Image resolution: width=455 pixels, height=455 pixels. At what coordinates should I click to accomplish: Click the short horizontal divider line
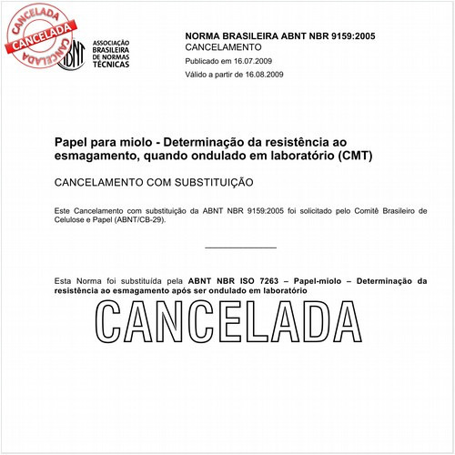240,247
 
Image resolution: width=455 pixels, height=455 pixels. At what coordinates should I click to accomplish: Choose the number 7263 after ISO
274,281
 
